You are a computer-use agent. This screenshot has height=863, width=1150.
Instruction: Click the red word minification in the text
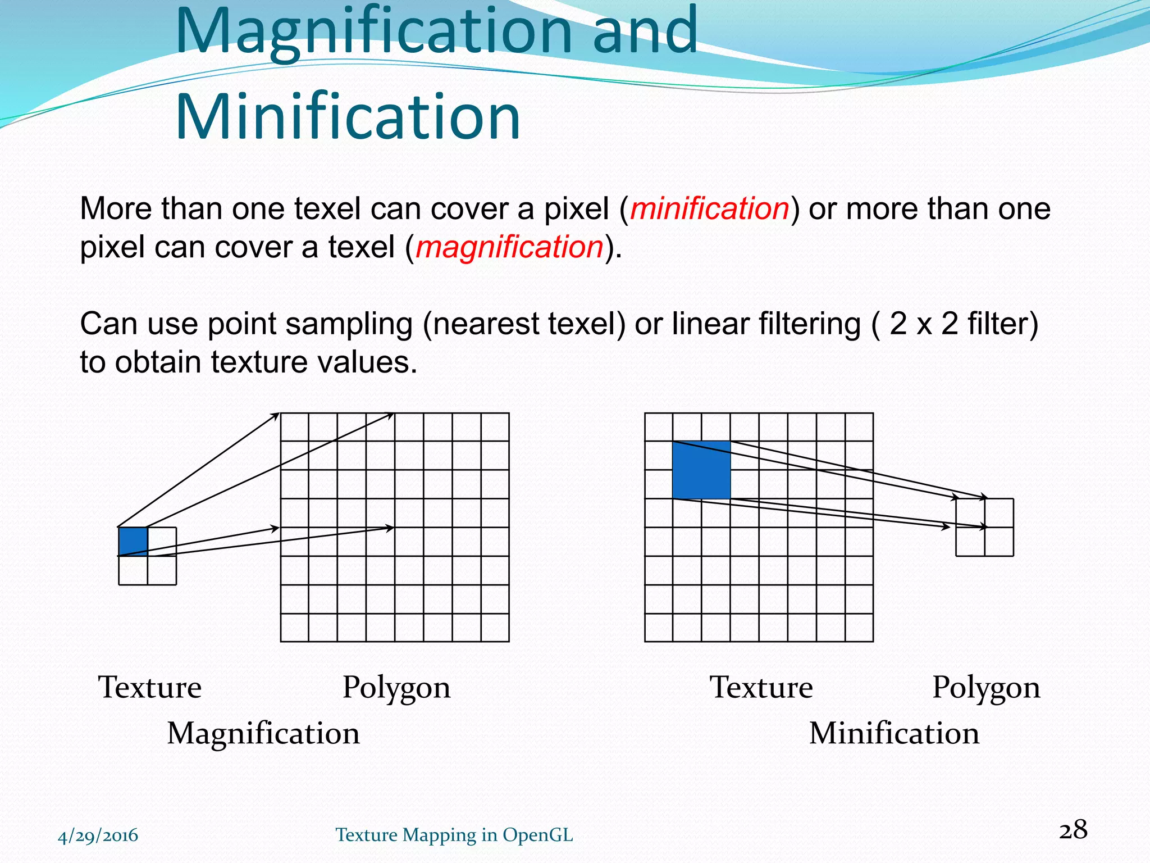pos(710,208)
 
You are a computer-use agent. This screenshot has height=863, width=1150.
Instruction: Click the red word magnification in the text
pos(509,247)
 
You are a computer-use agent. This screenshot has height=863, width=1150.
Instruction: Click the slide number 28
pos(1073,830)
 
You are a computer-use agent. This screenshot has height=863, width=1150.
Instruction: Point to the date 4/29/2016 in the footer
pos(98,835)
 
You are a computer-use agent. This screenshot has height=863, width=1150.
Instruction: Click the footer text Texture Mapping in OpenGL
pos(454,835)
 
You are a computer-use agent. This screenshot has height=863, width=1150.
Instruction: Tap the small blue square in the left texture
pos(133,541)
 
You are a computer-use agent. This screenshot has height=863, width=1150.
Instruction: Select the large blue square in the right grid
pos(701,470)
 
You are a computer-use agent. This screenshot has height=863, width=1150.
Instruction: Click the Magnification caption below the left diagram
pos(263,733)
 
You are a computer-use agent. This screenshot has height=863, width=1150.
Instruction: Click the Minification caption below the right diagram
pos(894,733)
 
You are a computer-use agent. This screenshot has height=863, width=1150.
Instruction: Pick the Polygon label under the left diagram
pos(396,688)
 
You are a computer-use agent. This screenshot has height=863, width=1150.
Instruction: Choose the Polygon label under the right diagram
pos(986,688)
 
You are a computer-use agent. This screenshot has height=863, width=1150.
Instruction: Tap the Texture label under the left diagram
pos(150,687)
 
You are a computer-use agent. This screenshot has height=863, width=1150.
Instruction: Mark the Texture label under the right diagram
pos(761,687)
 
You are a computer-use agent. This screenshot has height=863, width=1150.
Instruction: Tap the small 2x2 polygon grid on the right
pos(985,528)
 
